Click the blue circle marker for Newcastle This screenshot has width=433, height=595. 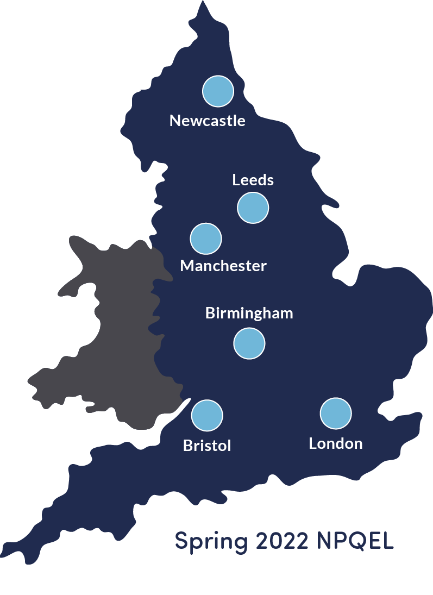tap(218, 91)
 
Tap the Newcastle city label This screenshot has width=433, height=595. tap(208, 120)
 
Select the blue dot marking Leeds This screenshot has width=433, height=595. tap(253, 207)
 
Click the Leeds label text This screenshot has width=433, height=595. tap(253, 179)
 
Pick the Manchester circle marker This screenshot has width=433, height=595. tap(206, 239)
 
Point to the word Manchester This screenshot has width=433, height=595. tap(223, 266)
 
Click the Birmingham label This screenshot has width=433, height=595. tap(249, 314)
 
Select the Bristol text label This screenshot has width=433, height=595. tap(207, 446)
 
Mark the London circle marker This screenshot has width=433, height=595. tap(336, 414)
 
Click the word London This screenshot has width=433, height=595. tap(336, 443)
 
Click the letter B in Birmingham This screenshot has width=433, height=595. tap(210, 314)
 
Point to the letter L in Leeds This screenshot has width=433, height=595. tap(236, 179)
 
